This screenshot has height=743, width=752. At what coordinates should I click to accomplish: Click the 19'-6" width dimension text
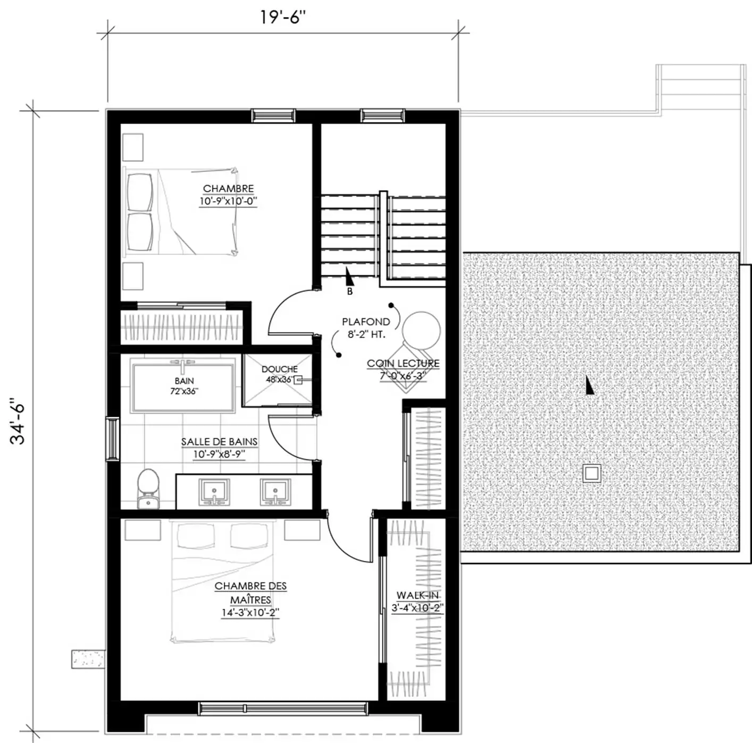click(283, 18)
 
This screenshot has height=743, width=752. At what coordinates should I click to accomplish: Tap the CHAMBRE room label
click(228, 189)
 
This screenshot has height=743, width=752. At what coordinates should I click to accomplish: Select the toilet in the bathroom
click(148, 489)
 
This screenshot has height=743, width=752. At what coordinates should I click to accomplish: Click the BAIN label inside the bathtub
click(184, 381)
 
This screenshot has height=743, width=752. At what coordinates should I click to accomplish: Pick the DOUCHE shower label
click(279, 369)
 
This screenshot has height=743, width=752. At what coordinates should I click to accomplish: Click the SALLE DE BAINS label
click(219, 442)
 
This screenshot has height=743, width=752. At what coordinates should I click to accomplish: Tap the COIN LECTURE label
click(403, 364)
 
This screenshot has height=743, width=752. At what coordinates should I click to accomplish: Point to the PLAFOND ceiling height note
click(366, 322)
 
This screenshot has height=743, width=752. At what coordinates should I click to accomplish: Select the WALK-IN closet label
click(417, 596)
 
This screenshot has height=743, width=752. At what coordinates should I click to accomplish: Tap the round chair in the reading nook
click(421, 331)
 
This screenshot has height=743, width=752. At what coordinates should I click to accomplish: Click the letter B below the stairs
click(349, 292)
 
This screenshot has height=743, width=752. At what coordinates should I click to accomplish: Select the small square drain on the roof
click(591, 473)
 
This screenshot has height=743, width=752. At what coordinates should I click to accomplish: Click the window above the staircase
click(382, 115)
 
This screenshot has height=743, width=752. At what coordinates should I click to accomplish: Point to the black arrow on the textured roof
click(589, 384)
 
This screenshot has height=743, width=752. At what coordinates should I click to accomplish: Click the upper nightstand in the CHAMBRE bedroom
click(132, 147)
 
